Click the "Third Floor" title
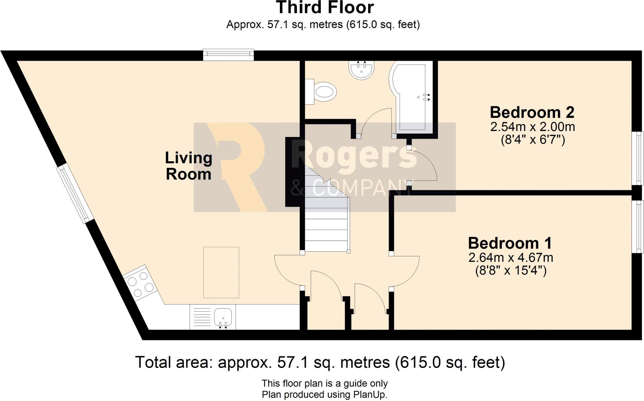(325, 8)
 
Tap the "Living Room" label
(189, 166)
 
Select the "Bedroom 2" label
(532, 112)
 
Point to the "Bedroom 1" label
(510, 243)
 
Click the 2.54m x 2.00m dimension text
(533, 127)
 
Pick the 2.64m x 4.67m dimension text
(511, 258)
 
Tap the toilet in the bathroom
(321, 92)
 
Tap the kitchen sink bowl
(223, 317)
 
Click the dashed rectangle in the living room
(221, 272)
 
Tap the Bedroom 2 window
(638, 158)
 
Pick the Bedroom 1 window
(638, 227)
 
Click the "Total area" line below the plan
(320, 363)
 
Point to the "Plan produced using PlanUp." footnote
(325, 395)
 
